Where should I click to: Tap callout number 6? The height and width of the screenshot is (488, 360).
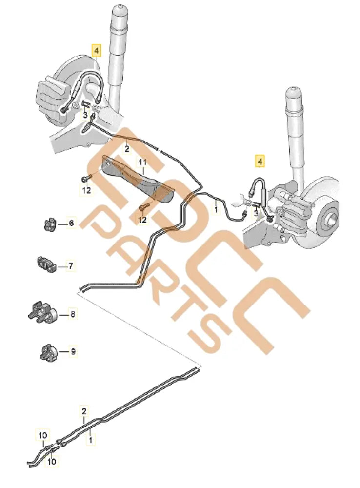tap(71, 224)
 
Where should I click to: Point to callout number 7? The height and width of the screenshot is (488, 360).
tap(71, 266)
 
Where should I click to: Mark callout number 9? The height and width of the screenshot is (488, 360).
tap(73, 351)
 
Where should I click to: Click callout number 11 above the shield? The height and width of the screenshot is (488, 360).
tap(143, 162)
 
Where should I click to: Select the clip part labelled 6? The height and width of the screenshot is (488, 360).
tap(48, 224)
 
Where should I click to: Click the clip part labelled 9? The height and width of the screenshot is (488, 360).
tap(48, 351)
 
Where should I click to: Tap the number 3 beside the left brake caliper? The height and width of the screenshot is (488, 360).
tap(85, 115)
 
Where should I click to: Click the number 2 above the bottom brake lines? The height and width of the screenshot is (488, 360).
tap(84, 411)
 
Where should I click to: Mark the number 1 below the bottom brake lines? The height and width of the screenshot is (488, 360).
tap(90, 440)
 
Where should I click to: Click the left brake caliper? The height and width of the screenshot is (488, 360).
tap(54, 93)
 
